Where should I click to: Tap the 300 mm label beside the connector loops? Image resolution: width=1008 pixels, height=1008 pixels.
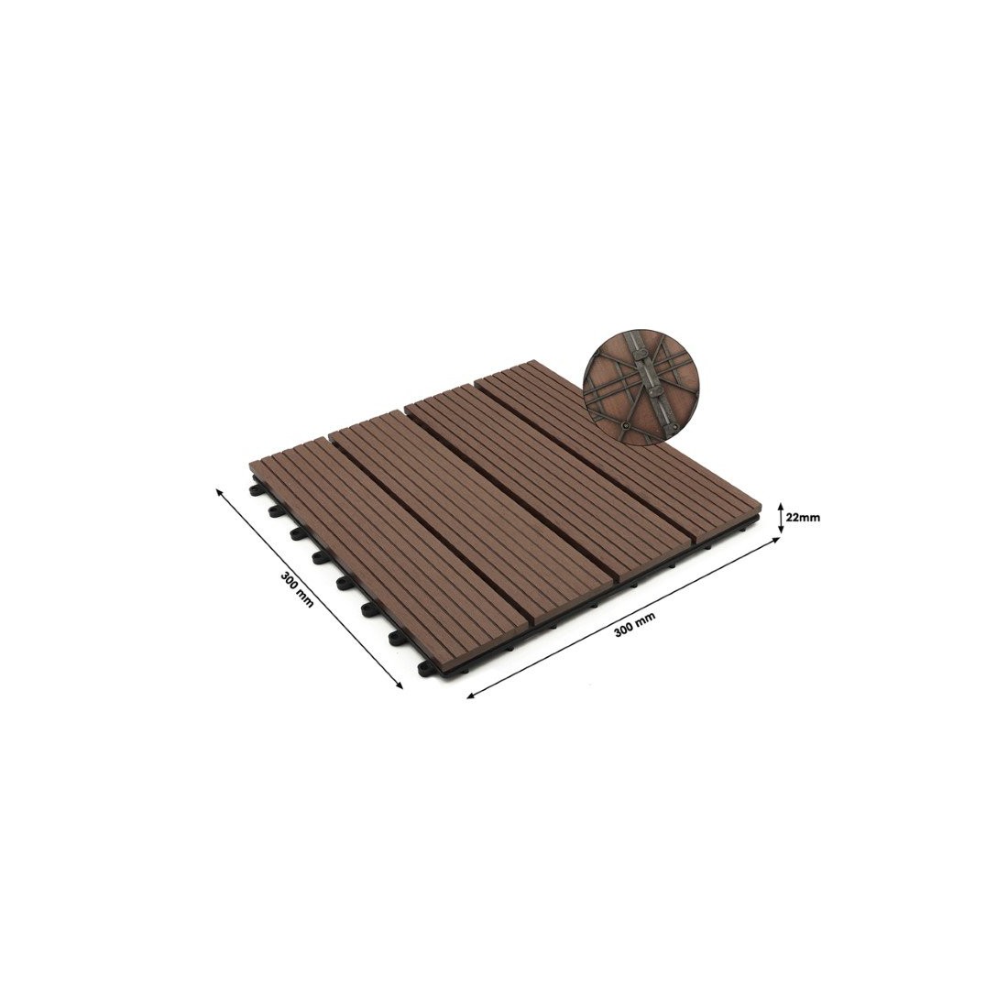point(297,590)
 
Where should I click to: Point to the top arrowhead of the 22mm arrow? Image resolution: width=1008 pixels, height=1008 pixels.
point(780,504)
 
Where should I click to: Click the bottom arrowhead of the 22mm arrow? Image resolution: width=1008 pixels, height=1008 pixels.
point(780,530)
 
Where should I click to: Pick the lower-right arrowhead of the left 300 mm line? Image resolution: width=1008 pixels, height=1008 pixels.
point(400,685)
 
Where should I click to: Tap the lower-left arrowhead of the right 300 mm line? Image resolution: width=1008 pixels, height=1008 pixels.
point(471,696)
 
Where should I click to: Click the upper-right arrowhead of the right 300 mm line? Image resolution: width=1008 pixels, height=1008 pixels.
point(776,540)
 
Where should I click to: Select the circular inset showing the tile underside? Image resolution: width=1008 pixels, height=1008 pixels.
point(641,390)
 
